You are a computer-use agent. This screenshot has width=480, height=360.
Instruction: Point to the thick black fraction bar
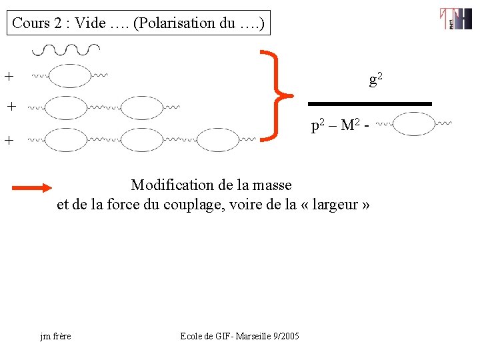[369, 104]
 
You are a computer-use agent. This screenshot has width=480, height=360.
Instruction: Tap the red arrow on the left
[32, 188]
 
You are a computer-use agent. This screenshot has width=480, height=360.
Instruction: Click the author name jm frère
[55, 336]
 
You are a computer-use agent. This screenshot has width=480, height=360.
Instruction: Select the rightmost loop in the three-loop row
[218, 139]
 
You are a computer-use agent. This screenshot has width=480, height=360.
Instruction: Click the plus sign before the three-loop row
[9, 140]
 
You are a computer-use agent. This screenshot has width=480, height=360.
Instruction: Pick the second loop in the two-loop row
[142, 107]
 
